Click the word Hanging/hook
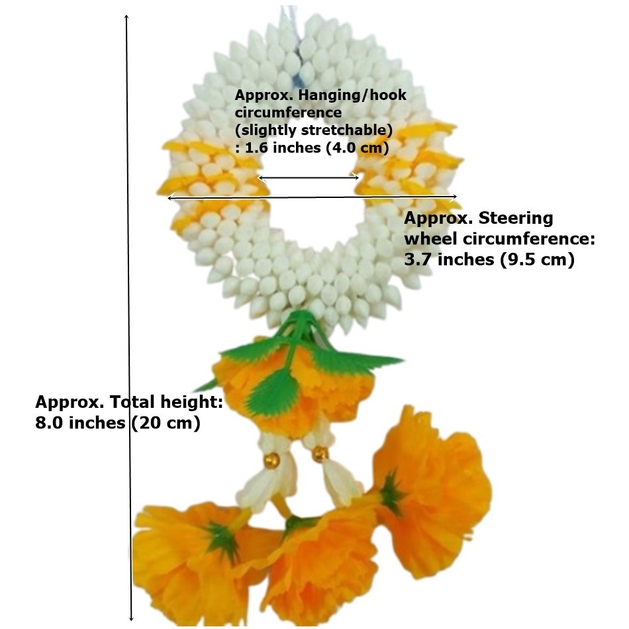tap(352, 95)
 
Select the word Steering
tap(516, 218)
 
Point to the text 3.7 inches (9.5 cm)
tap(489, 260)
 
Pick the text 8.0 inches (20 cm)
tap(118, 423)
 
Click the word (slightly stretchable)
tap(314, 130)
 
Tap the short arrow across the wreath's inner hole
tap(309, 177)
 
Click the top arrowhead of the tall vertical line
tap(126, 17)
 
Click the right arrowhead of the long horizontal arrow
tap(454, 196)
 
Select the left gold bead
tap(271, 460)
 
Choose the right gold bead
tap(320, 454)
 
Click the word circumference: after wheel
tap(529, 239)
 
